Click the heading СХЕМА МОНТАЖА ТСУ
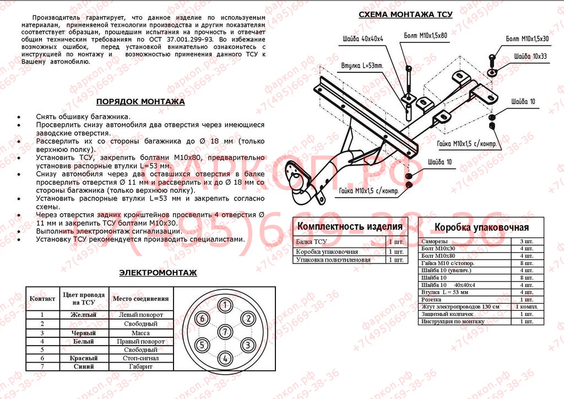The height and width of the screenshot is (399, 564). pyautogui.click(x=405, y=14)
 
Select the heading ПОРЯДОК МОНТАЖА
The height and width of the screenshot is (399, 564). pyautogui.click(x=140, y=102)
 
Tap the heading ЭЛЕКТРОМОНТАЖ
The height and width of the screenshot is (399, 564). pyautogui.click(x=158, y=273)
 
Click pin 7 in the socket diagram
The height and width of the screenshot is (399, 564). pyautogui.click(x=225, y=331)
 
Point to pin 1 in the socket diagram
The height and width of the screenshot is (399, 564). pyautogui.click(x=225, y=305)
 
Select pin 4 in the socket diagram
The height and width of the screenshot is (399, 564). pyautogui.click(x=225, y=358)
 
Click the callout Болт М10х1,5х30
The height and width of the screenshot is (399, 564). pyautogui.click(x=527, y=39)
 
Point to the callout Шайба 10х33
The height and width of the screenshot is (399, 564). pyautogui.click(x=530, y=56)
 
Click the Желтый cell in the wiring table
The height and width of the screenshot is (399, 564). pyautogui.click(x=83, y=315)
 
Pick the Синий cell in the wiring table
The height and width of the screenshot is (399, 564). pyautogui.click(x=83, y=366)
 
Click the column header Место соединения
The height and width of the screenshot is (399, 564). pyautogui.click(x=140, y=299)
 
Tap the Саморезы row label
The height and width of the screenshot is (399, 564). pyautogui.click(x=435, y=241)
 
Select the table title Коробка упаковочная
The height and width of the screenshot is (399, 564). pyautogui.click(x=481, y=228)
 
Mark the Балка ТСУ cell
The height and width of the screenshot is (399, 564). pyautogui.click(x=312, y=242)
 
